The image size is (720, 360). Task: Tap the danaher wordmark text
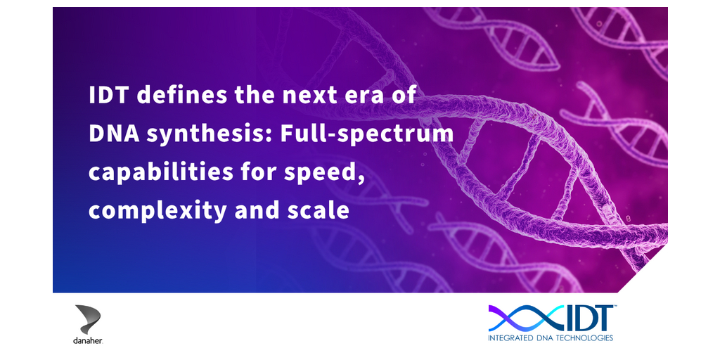coord(88,341)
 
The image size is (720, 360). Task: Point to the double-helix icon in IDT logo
coord(525,319)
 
